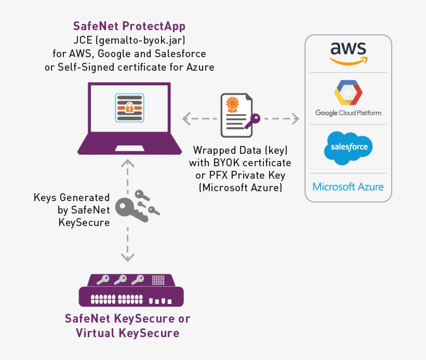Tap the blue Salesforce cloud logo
coord(348,148)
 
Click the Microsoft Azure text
coord(348,186)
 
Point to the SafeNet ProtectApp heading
coord(129,26)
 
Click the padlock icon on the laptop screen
coord(130,108)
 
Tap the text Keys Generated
coord(72,197)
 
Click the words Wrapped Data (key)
coord(240,150)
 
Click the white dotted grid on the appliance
coord(157,281)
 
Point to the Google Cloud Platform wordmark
coord(348,113)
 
